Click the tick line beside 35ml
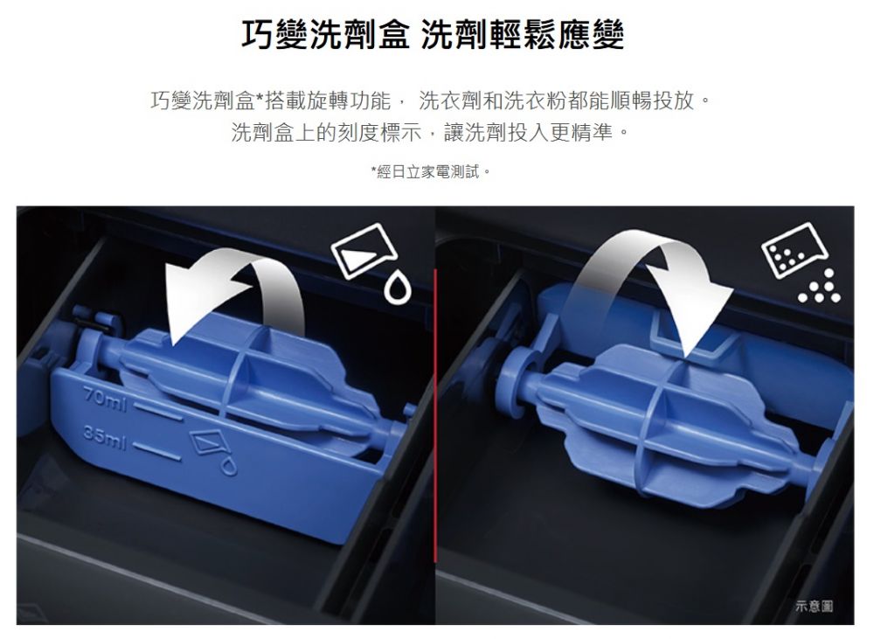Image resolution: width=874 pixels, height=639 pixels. click(156, 452)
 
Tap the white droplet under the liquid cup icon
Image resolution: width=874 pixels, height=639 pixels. click(398, 288)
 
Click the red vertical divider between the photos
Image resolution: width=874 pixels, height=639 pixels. click(434, 415)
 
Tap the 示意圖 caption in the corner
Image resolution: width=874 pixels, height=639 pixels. click(814, 606)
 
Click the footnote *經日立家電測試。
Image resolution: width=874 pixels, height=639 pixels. click(431, 171)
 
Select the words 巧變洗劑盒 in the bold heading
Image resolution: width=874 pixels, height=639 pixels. click(325, 35)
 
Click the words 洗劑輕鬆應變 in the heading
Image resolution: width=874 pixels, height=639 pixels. click(523, 35)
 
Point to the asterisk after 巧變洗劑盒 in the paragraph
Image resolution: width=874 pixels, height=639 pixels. click(260, 99)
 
